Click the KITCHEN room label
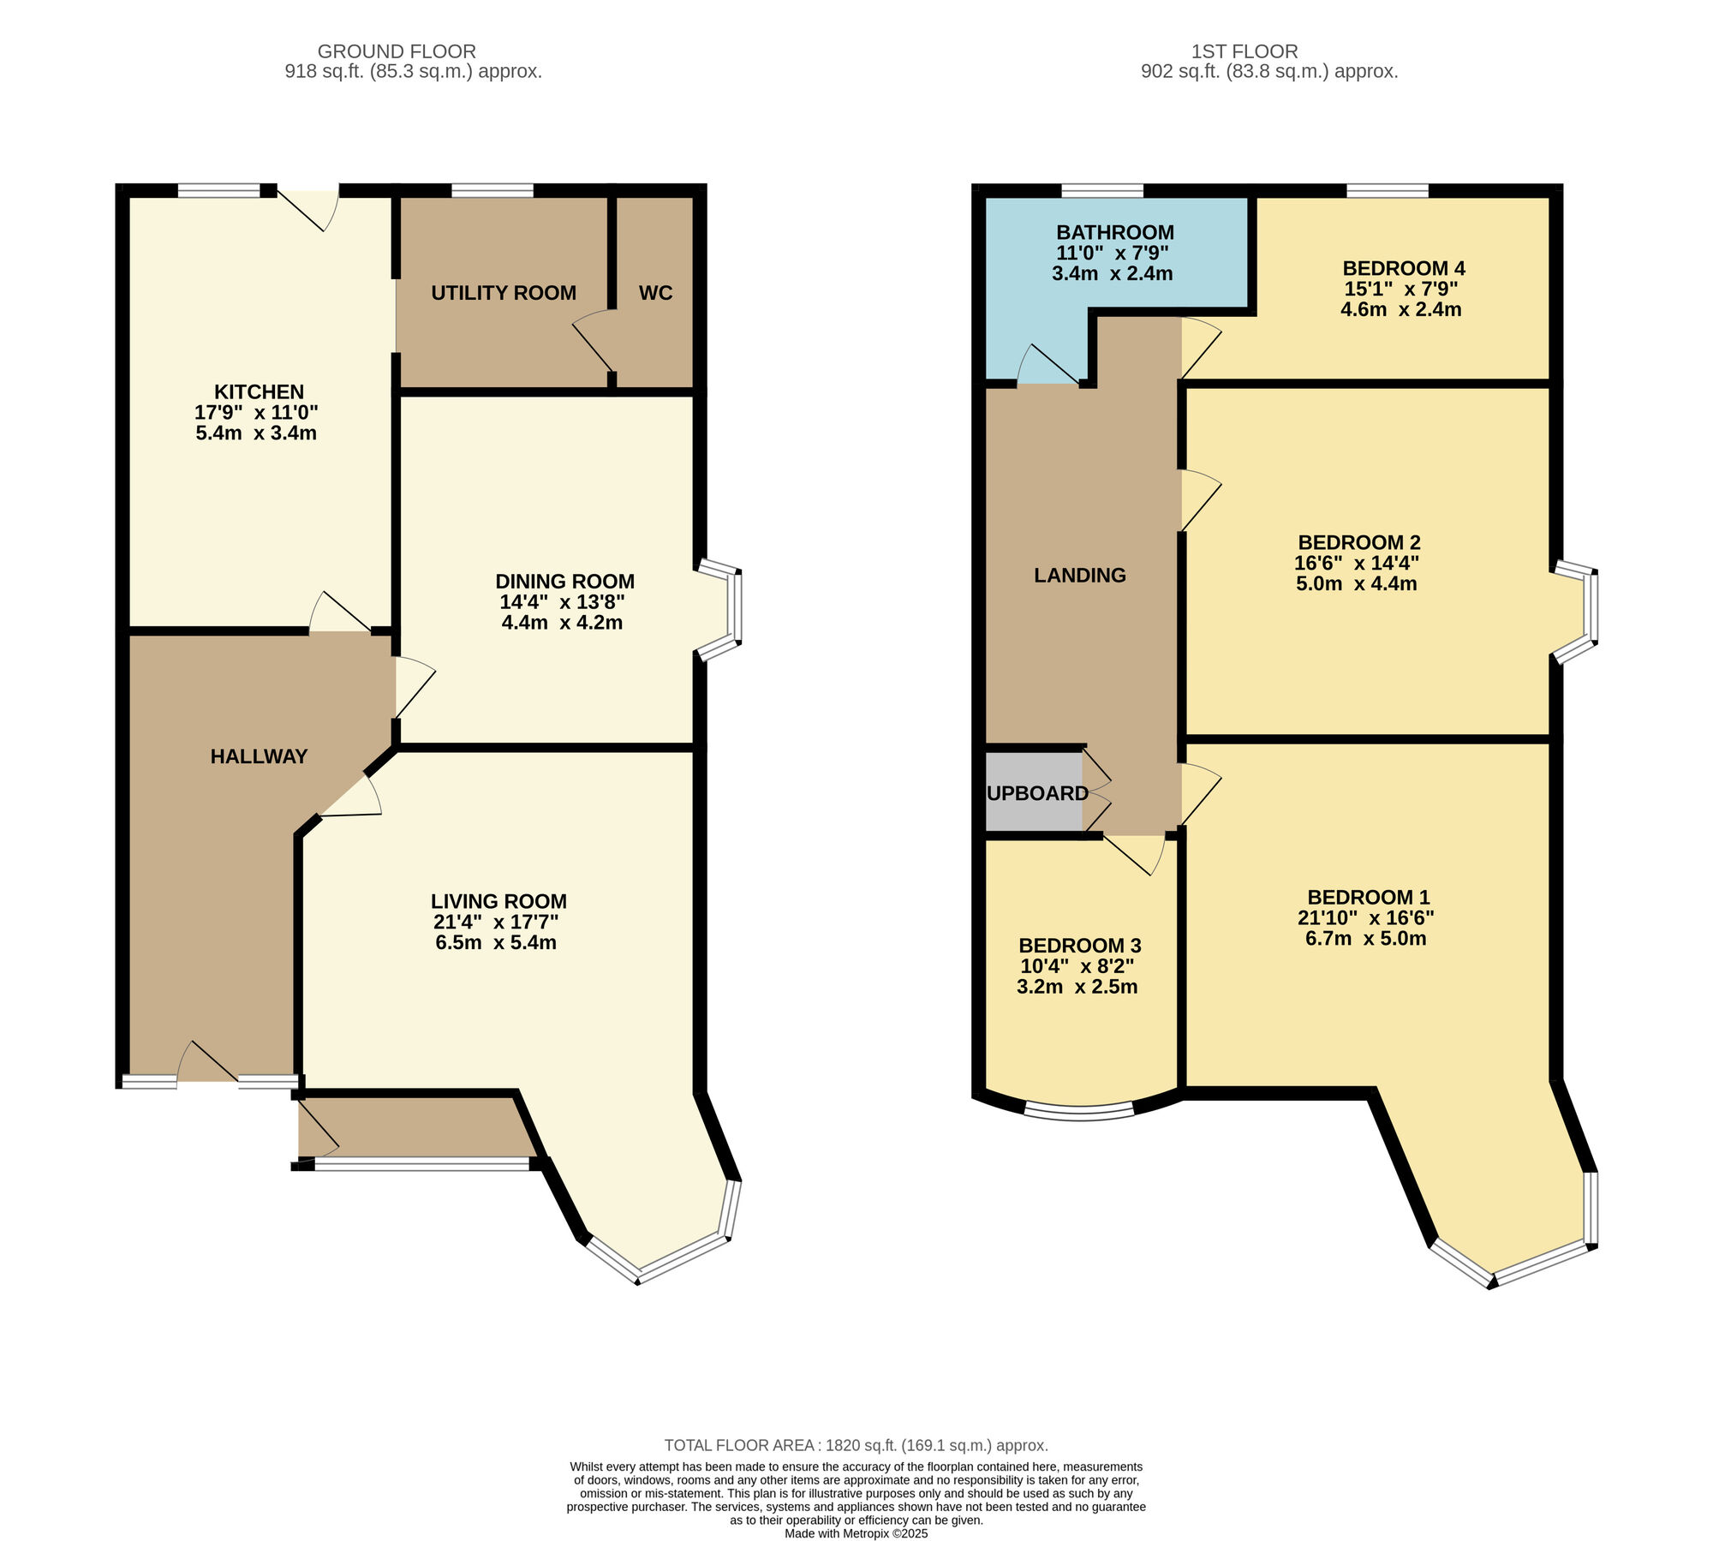259,392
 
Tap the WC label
655,293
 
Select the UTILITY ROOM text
504,293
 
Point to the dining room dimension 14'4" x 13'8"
562,602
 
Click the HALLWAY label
259,756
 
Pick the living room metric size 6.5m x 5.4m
496,943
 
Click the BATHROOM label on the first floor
1114,232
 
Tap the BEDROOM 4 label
1404,268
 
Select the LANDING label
1080,576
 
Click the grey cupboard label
1037,793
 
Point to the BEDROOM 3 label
1079,946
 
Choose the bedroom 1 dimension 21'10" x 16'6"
1365,918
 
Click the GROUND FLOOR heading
397,51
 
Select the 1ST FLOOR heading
1244,51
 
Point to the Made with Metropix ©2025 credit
856,1533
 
